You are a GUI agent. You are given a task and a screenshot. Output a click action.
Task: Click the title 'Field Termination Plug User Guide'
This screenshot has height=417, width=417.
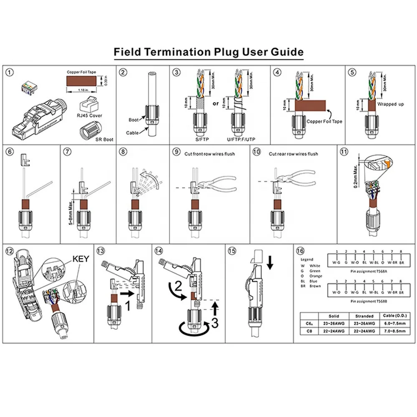tap(208, 53)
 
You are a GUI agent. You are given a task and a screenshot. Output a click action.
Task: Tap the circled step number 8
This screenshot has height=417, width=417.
tap(123, 152)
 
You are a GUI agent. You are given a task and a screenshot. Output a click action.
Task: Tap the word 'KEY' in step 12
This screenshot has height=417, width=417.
tap(81, 259)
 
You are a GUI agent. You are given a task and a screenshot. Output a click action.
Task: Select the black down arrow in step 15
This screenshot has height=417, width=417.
tap(270, 262)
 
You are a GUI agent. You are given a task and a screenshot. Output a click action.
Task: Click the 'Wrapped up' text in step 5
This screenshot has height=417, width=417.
tap(390, 104)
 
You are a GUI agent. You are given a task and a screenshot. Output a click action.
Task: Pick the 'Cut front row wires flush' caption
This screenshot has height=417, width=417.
tap(210, 154)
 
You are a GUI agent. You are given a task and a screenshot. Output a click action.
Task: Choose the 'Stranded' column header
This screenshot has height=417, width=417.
tap(362, 317)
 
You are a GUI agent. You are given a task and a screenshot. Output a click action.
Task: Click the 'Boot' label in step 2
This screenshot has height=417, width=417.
tap(133, 120)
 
